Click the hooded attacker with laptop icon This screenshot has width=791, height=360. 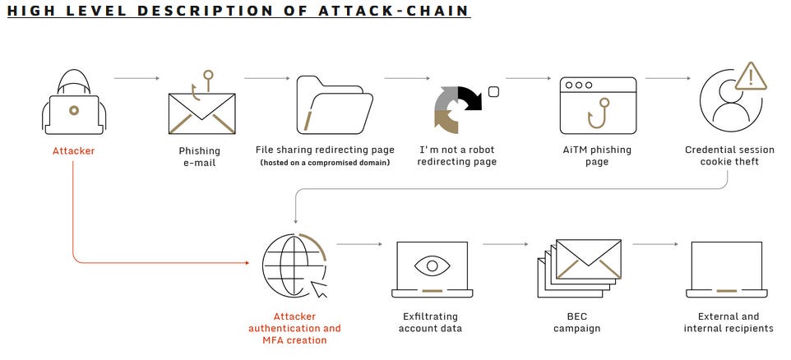[74, 103]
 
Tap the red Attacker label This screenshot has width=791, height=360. [74, 150]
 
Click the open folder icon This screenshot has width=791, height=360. [335, 104]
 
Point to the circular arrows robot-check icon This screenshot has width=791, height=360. [457, 109]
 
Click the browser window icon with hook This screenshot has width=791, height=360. [598, 105]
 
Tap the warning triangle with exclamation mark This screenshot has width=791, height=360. [752, 77]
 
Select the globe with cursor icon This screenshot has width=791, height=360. [294, 266]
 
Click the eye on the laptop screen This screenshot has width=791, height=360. [433, 265]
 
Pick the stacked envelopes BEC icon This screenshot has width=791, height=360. [579, 268]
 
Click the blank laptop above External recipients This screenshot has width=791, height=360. [726, 270]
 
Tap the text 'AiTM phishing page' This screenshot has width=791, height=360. [597, 156]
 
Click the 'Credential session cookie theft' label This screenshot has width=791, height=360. [729, 156]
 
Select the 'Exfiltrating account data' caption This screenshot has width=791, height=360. [430, 323]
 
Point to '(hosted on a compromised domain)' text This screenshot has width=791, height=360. [325, 163]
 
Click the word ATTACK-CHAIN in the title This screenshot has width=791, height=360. [394, 11]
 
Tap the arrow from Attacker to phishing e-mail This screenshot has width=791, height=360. [136, 78]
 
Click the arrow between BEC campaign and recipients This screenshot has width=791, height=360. [655, 244]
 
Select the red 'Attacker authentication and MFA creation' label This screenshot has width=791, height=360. [294, 328]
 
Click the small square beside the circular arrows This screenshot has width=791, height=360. [494, 92]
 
